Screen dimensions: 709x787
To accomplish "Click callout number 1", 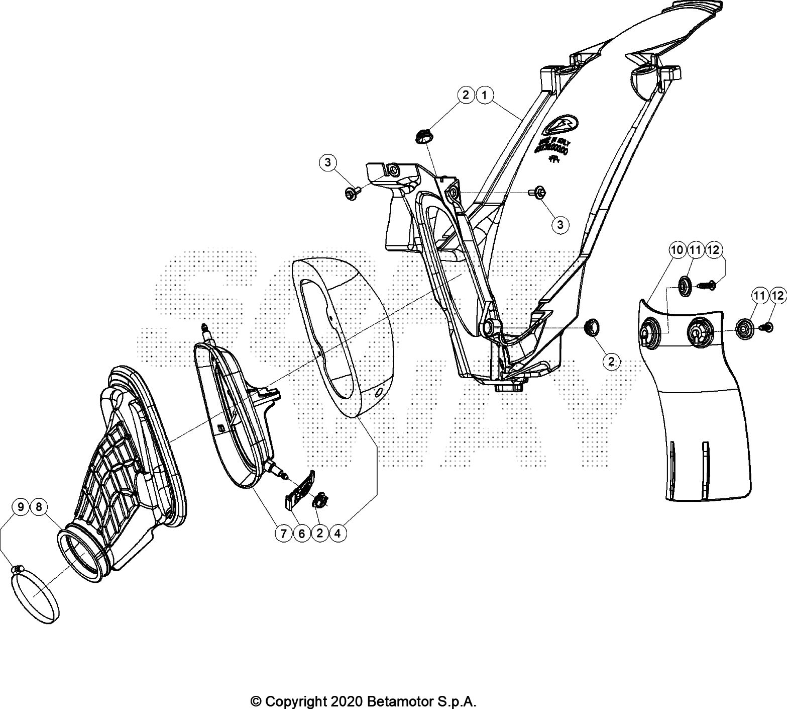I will pyautogui.click(x=485, y=95).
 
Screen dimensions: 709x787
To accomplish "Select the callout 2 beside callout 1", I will pyautogui.click(x=466, y=95).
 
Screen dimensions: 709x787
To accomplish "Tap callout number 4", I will pyautogui.click(x=338, y=534).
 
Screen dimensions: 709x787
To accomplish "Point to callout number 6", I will pyautogui.click(x=302, y=534).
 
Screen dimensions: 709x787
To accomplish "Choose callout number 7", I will pyautogui.click(x=284, y=534).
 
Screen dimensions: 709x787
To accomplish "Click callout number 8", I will pyautogui.click(x=39, y=507).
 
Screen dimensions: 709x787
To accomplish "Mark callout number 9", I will pyautogui.click(x=21, y=507).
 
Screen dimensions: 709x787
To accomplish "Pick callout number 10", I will pyautogui.click(x=677, y=249).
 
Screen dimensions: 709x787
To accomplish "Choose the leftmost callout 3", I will pyautogui.click(x=327, y=162).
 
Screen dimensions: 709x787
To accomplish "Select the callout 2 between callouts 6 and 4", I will pyautogui.click(x=320, y=534).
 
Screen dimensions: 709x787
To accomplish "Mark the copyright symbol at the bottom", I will pyautogui.click(x=256, y=700).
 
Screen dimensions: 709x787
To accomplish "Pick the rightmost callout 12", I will pyautogui.click(x=777, y=296).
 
